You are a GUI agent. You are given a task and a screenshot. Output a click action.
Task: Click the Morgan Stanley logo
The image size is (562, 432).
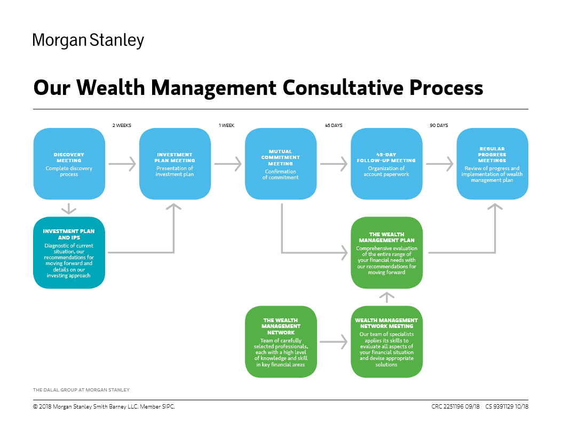pos(88,41)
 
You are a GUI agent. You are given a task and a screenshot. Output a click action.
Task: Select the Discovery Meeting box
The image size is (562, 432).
pos(69,164)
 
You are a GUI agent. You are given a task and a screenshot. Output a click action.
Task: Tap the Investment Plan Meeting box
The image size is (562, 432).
pos(175,164)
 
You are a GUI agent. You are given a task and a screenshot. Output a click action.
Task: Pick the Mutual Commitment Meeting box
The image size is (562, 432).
pos(281,164)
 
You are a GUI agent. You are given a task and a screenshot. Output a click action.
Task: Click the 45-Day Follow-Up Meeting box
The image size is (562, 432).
pos(386,164)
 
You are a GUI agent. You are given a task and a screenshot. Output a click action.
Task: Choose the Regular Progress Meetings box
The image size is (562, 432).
pos(492,164)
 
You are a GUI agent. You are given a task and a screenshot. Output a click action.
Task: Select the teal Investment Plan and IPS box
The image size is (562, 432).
pos(69,253)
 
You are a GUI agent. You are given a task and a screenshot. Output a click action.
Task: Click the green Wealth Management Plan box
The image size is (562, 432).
pos(387,253)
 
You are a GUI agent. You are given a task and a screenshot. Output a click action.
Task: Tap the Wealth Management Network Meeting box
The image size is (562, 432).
pos(387,342)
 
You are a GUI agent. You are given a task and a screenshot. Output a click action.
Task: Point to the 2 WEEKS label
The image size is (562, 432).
pos(122,125)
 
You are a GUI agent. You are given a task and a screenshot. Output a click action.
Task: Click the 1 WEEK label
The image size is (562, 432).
pos(226,125)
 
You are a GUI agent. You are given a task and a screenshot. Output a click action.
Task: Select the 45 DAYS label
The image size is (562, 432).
pos(334,125)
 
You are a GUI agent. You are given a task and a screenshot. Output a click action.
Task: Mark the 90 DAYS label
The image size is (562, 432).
pos(439,125)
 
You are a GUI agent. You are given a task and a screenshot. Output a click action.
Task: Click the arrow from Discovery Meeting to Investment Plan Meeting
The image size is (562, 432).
pos(122,164)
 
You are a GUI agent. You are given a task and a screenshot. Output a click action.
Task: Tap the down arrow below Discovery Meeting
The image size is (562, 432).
pos(69,209)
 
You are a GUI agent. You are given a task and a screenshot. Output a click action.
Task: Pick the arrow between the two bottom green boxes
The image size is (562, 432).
pos(334,342)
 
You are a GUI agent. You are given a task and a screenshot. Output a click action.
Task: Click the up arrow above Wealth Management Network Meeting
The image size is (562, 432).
pos(387,297)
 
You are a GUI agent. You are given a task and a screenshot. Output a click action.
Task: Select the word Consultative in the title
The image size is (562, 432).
pos(343,88)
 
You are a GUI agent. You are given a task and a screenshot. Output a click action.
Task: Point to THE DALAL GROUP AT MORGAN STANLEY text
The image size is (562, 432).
pos(81,390)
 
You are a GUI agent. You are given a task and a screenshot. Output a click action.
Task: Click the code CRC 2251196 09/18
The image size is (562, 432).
pos(456,406)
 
